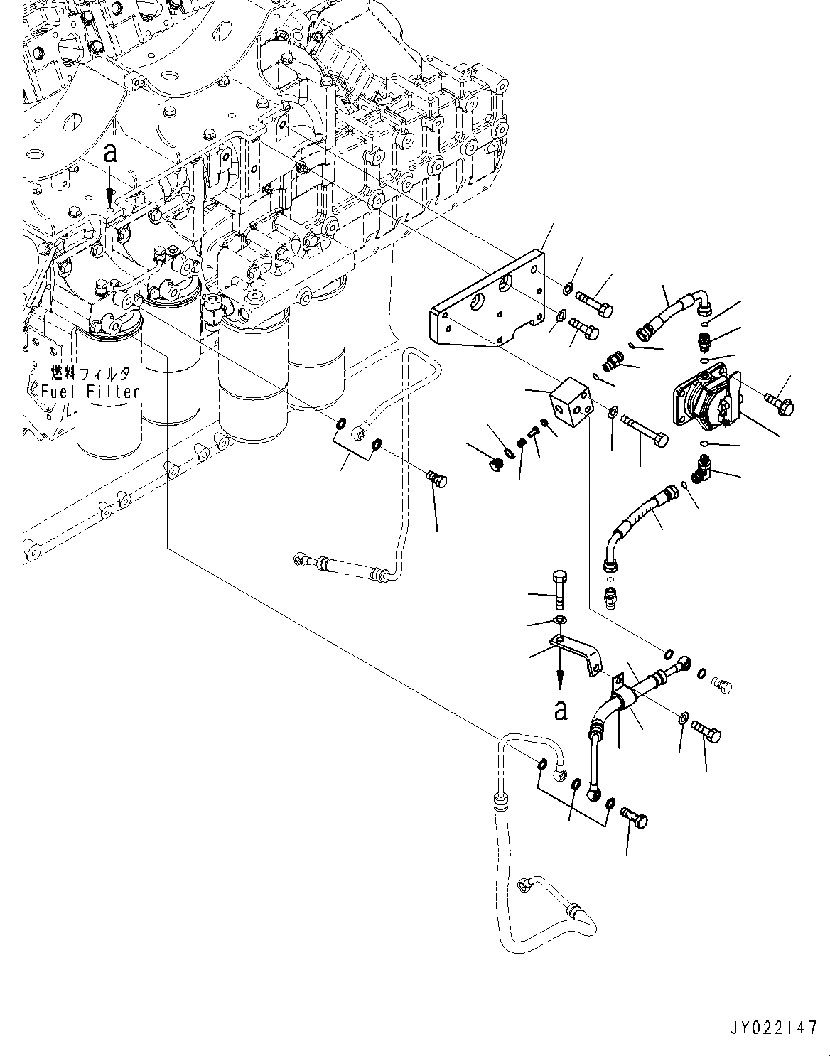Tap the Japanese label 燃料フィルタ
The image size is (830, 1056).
90,373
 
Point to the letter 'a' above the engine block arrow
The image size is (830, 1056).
109,153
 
